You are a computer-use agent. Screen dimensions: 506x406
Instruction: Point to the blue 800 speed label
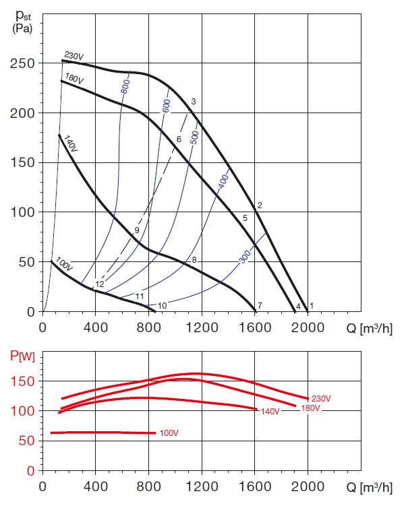point(125,87)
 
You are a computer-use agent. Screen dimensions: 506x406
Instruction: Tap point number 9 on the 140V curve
point(137,230)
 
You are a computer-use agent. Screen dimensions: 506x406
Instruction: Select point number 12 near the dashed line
point(100,284)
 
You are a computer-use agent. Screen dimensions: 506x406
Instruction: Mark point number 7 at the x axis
point(260,306)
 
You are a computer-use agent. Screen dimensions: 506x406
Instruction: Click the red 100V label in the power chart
point(169,432)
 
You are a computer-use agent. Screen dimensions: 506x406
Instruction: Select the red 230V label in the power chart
point(321,399)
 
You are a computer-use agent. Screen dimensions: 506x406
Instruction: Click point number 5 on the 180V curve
point(245,218)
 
